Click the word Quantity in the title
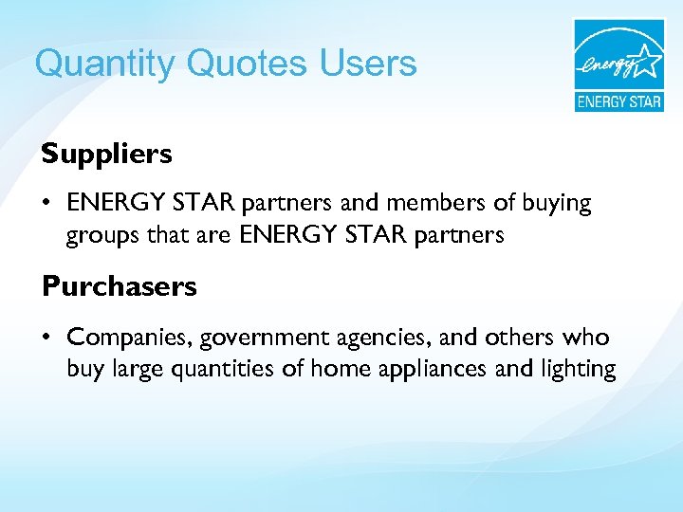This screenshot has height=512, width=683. pyautogui.click(x=105, y=64)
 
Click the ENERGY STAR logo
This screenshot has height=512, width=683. pyautogui.click(x=618, y=65)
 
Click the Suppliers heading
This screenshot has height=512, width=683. pyautogui.click(x=106, y=154)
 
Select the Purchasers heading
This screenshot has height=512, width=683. pyautogui.click(x=119, y=286)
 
